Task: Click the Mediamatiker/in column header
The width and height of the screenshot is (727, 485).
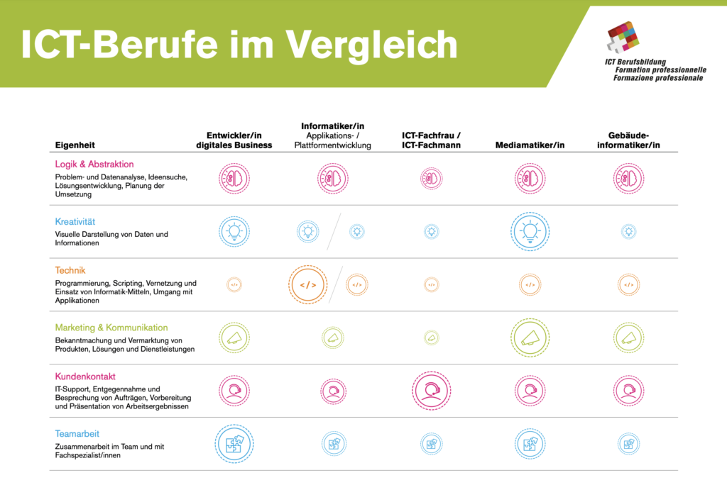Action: coord(530,145)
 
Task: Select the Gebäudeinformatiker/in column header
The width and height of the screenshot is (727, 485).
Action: coord(628,140)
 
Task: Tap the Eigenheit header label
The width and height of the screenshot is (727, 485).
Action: coord(75,145)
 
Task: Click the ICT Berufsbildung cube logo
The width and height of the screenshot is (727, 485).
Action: coord(623,37)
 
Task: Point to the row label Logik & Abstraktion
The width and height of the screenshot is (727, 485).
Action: coord(94,164)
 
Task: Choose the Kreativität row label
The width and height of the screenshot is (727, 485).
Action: coord(75,221)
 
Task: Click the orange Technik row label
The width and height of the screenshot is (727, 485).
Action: coord(70,270)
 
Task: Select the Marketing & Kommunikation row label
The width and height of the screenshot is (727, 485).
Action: coord(111,328)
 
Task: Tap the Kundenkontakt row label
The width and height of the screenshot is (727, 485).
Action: coord(85,376)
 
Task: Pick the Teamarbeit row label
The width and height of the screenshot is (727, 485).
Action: coord(77,433)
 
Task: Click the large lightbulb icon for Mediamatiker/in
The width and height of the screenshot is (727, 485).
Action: coord(530,232)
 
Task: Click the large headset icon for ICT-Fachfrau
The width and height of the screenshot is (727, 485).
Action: coord(431,391)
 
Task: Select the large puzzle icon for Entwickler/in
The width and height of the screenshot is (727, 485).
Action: coord(234,444)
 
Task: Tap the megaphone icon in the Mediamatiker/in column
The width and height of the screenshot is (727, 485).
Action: coord(530,338)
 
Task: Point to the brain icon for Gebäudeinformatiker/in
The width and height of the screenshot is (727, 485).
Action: coord(628,179)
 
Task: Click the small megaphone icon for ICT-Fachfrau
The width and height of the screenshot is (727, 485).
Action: coord(431,338)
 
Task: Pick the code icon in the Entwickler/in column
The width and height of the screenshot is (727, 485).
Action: coord(234,284)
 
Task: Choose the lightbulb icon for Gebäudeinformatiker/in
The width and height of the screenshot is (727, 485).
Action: coord(628,232)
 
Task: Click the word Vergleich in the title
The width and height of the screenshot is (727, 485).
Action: coord(371,45)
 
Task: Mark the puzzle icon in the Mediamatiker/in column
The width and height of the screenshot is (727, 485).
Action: coord(530,444)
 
